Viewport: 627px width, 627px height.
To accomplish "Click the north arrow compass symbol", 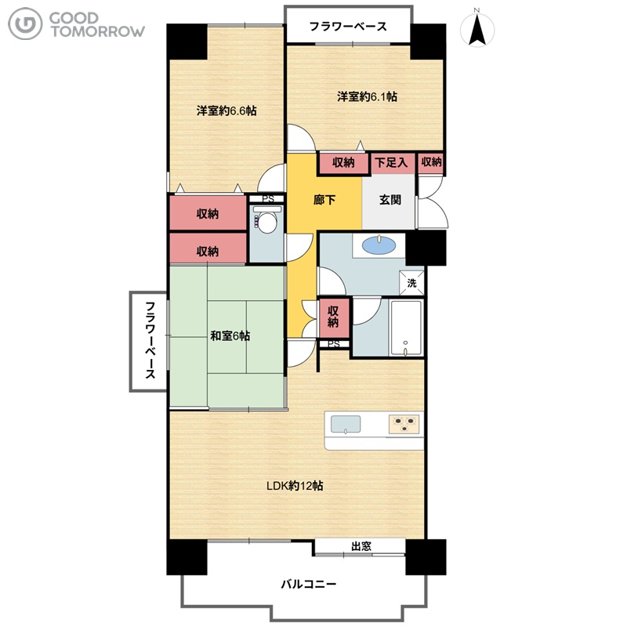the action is [x=477, y=29].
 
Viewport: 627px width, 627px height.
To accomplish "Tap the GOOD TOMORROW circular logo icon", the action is [x=25, y=24].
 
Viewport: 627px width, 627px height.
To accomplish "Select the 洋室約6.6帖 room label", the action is [x=227, y=111].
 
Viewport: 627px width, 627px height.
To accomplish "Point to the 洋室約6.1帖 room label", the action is [x=367, y=96].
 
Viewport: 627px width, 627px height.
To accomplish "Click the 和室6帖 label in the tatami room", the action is [x=230, y=336].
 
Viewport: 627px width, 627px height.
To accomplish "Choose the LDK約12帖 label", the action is [x=295, y=486].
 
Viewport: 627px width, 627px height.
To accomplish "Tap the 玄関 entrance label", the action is [x=390, y=200].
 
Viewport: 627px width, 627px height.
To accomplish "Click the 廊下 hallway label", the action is [x=324, y=200].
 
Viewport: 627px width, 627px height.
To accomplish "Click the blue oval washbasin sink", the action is [x=379, y=245].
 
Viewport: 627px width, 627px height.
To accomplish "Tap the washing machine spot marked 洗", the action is [x=411, y=283].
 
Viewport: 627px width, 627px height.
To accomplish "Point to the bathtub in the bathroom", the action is [x=406, y=328].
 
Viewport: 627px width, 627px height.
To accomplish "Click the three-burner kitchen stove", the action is [x=404, y=424].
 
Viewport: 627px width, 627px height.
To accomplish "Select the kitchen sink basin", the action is [x=346, y=425].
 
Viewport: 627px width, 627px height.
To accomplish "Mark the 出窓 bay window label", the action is [x=361, y=546].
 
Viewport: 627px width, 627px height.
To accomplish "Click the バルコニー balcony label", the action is [x=308, y=584].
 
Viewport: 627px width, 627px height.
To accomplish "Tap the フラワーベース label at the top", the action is [x=348, y=27].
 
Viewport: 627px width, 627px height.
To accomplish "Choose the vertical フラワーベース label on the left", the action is [x=150, y=340].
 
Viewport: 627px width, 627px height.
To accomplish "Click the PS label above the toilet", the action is [x=268, y=199].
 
